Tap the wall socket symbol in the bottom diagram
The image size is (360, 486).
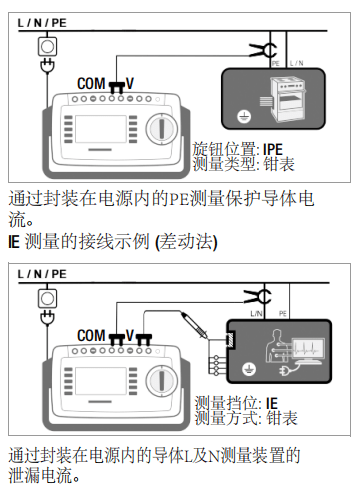[45, 297]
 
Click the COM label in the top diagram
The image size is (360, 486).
[92, 85]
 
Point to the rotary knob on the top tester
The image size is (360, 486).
[161, 129]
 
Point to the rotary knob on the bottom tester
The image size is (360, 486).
[161, 381]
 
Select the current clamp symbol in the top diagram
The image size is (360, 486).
[263, 48]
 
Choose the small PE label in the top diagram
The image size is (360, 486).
[275, 62]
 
